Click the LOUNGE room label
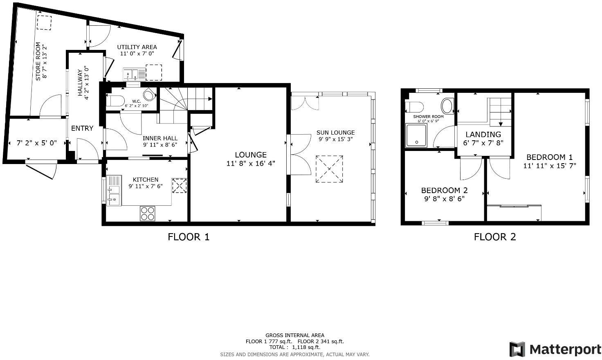(x=251, y=155)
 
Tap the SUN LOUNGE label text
(x=335, y=133)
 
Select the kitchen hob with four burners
(x=148, y=213)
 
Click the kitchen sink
(x=114, y=190)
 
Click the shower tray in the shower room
(x=416, y=135)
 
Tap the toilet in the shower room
(x=414, y=107)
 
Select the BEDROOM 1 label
(x=549, y=157)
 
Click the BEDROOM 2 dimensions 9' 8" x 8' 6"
(x=444, y=199)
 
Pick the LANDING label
(x=483, y=134)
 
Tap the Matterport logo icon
(x=517, y=349)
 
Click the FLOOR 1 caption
(x=189, y=237)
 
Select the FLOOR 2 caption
(x=495, y=237)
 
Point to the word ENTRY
(x=82, y=128)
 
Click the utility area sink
(x=134, y=74)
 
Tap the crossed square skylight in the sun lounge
(x=329, y=169)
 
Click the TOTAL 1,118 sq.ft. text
(x=294, y=347)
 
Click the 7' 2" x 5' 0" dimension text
(x=37, y=143)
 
